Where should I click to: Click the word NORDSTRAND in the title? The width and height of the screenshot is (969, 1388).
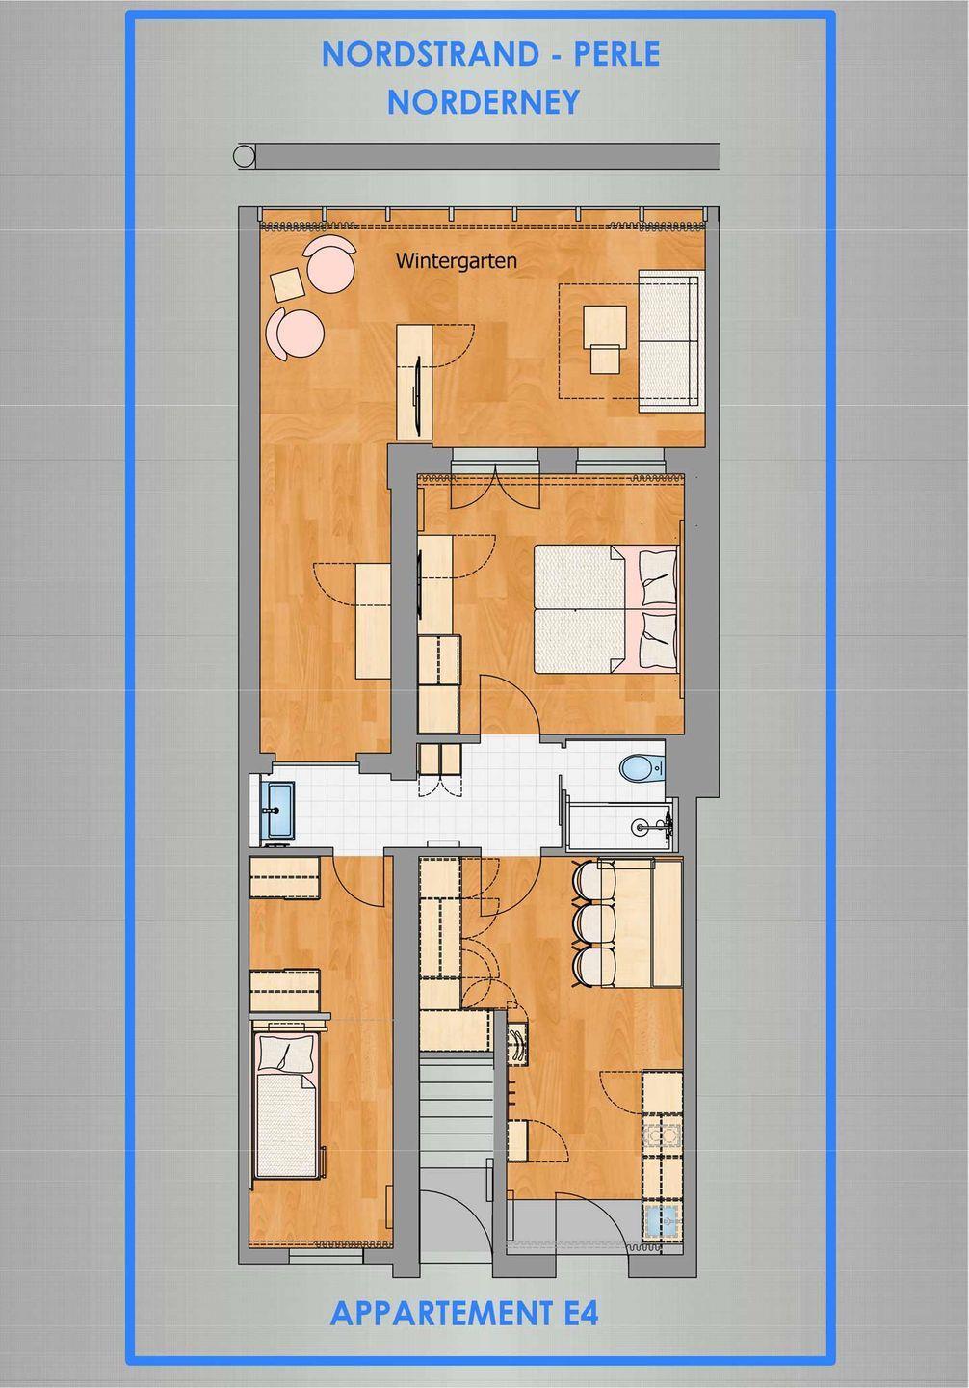click(x=431, y=55)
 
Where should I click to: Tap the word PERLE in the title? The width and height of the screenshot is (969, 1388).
click(x=616, y=55)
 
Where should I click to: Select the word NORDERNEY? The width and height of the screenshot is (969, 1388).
click(x=484, y=102)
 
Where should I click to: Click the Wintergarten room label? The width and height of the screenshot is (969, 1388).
click(x=456, y=261)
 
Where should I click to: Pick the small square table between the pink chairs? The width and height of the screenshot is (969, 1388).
click(x=288, y=283)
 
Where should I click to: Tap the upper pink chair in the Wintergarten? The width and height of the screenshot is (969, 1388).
click(x=330, y=263)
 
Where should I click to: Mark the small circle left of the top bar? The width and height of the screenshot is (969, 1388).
click(x=244, y=155)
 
